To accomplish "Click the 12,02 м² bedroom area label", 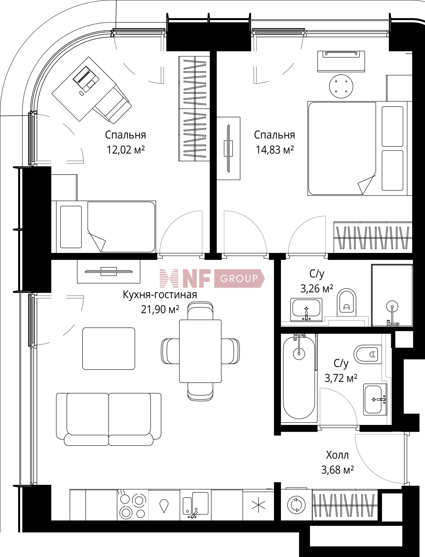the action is [126, 150].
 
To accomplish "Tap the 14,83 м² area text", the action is [274, 150].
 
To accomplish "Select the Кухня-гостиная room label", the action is [160, 295].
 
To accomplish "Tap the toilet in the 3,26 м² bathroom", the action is [347, 302].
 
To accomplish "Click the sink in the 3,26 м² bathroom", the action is [306, 310].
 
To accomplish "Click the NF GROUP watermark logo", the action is [212, 278].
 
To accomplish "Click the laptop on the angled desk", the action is [86, 79].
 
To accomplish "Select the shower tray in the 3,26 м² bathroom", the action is [392, 295].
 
